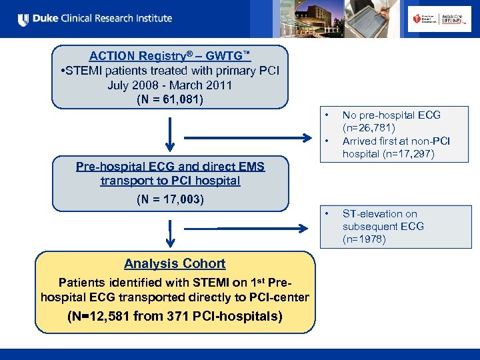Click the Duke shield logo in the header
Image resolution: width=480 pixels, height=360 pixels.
pyautogui.click(x=24, y=19)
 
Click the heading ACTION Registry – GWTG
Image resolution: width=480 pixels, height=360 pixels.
pyautogui.click(x=170, y=57)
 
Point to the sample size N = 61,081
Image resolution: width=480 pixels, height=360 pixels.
pyautogui.click(x=170, y=99)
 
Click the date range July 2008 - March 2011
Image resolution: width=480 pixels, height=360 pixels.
pyautogui.click(x=170, y=85)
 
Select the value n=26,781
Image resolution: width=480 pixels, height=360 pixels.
pyautogui.click(x=369, y=127)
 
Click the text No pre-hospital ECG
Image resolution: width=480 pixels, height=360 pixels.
pyautogui.click(x=391, y=115)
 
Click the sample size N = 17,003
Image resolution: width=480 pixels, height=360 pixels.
pyautogui.click(x=170, y=199)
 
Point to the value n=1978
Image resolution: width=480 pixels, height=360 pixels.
pyautogui.click(x=364, y=239)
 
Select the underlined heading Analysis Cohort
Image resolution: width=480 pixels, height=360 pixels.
pyautogui.click(x=175, y=263)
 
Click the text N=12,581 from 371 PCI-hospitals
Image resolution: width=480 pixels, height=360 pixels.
pyautogui.click(x=175, y=316)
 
